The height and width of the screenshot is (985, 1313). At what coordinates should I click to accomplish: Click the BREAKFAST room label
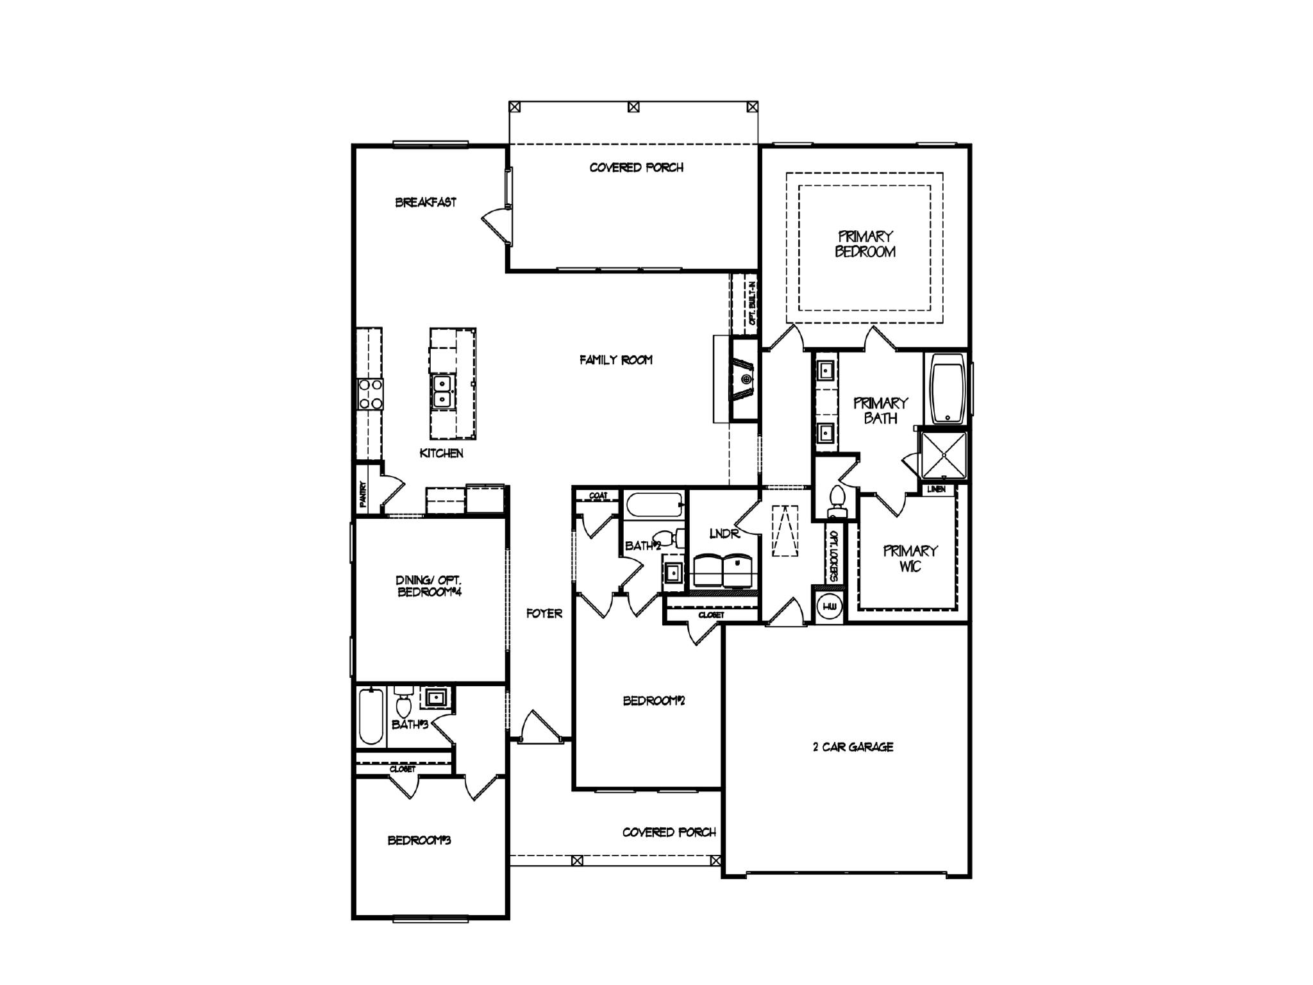[426, 203]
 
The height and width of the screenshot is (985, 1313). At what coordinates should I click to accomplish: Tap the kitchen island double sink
[442, 392]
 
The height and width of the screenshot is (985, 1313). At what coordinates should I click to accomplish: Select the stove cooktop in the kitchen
[370, 394]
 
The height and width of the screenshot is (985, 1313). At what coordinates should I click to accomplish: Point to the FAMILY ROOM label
[615, 360]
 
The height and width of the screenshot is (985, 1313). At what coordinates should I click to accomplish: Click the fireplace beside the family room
[744, 380]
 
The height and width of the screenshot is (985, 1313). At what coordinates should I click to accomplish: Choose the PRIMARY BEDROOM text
[865, 244]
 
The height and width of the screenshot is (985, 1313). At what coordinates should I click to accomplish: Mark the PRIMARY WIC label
[910, 559]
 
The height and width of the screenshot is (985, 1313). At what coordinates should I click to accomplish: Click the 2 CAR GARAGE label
[853, 747]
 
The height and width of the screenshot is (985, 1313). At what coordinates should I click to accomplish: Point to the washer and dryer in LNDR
[723, 569]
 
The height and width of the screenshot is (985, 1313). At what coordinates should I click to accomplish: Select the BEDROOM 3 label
[419, 840]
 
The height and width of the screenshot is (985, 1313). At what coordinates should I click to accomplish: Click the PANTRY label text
[363, 494]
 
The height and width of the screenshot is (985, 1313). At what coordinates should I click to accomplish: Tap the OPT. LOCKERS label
[833, 555]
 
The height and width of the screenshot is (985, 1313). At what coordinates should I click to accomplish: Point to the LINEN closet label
[936, 489]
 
